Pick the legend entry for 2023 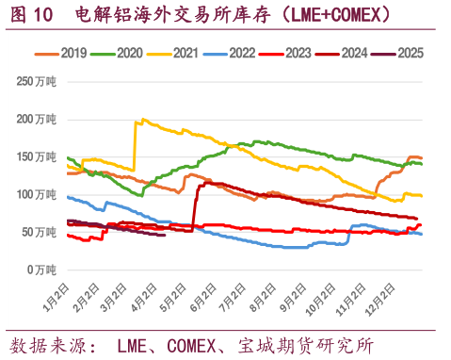coord(299,53)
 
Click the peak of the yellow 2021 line coord(141,120)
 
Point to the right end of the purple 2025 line coord(165,235)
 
